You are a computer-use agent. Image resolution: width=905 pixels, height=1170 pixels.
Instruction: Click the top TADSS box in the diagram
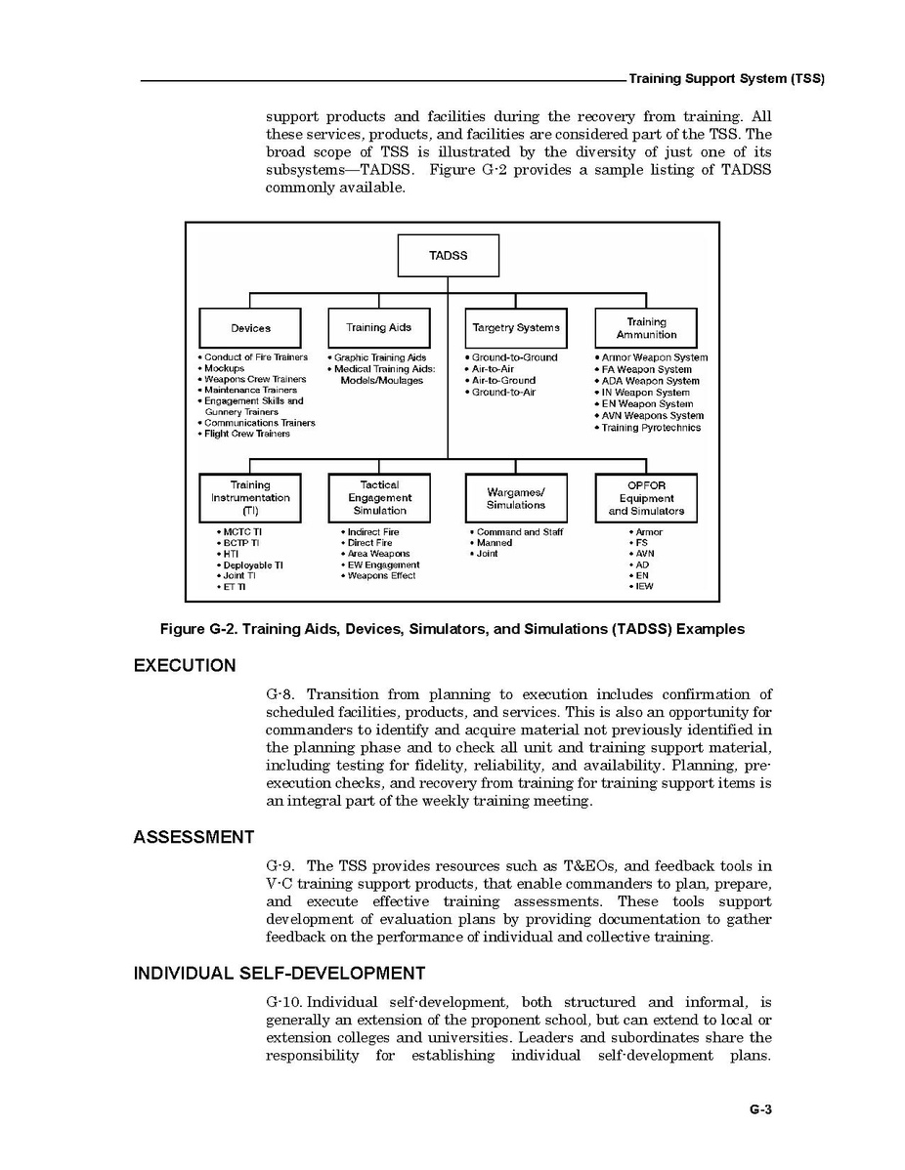(x=448, y=255)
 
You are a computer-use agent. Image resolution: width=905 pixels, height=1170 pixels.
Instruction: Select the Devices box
(x=251, y=328)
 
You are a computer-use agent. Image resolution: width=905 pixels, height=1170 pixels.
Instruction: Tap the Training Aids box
(x=379, y=328)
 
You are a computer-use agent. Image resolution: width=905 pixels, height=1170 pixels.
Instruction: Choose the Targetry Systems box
(x=515, y=328)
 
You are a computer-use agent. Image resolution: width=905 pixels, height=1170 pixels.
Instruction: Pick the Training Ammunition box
(x=646, y=328)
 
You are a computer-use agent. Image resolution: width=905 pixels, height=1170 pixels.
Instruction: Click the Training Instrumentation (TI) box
(x=250, y=498)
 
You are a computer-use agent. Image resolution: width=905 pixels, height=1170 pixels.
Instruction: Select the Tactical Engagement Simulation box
(x=379, y=498)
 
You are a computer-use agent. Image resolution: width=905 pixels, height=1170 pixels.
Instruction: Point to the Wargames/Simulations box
(x=515, y=498)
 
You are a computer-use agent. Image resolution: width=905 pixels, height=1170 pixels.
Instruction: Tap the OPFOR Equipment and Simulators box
(x=646, y=498)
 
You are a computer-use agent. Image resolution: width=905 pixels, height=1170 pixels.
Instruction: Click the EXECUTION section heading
(x=185, y=666)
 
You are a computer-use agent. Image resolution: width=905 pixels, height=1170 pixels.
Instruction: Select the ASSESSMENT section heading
(x=194, y=837)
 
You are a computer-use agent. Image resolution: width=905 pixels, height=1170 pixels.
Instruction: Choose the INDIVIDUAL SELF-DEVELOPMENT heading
(x=279, y=974)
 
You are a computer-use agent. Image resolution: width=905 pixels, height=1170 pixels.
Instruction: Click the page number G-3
(x=761, y=1109)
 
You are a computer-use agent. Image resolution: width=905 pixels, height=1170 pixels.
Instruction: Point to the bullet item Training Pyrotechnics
(x=651, y=428)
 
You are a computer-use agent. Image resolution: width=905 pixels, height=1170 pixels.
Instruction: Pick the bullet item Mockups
(x=224, y=369)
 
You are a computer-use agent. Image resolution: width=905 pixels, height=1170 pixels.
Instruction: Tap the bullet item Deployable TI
(x=252, y=565)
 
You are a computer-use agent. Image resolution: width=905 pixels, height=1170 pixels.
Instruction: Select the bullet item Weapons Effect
(x=381, y=576)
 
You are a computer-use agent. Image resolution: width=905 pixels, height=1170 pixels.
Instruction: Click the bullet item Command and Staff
(x=519, y=532)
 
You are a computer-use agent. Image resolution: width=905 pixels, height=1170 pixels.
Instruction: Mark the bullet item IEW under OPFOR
(x=644, y=587)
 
